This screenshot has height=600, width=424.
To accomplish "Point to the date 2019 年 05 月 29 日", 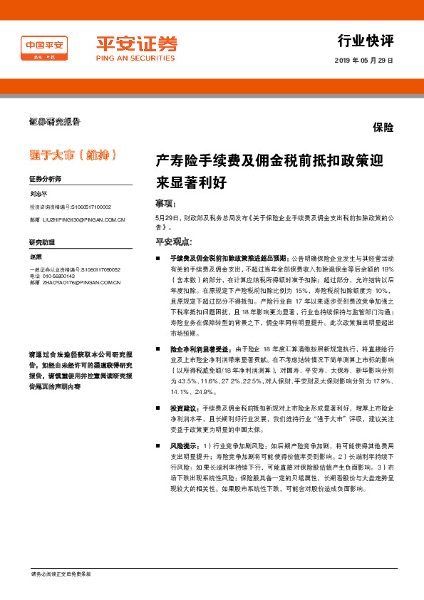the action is (x=363, y=60).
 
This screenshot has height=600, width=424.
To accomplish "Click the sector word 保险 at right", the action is (x=383, y=128).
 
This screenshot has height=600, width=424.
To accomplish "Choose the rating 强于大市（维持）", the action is (x=72, y=155).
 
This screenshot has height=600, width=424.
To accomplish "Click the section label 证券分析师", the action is (x=45, y=179).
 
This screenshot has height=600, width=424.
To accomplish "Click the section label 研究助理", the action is (x=41, y=243).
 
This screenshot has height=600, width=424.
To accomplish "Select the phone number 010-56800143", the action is (x=58, y=276).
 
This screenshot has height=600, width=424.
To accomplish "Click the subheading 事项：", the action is (x=165, y=203).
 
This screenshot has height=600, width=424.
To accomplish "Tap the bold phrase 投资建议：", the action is (x=185, y=408).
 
